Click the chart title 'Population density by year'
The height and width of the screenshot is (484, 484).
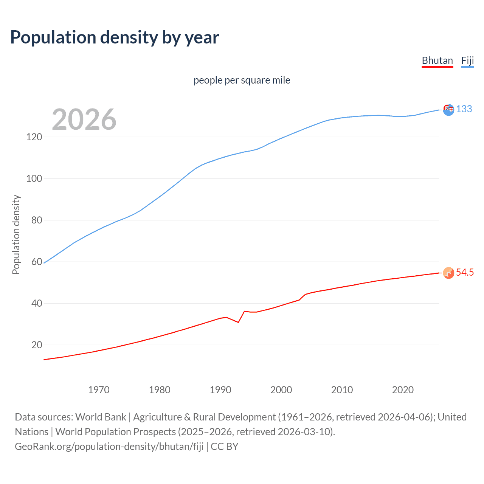click(x=115, y=37)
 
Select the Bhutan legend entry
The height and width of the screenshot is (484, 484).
click(x=437, y=60)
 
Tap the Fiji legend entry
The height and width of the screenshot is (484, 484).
click(x=467, y=60)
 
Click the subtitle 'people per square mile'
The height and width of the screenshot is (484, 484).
click(x=242, y=80)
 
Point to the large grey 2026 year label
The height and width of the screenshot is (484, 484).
click(x=84, y=119)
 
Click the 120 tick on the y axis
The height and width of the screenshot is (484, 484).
click(x=34, y=137)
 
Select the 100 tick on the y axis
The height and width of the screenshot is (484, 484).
click(x=34, y=178)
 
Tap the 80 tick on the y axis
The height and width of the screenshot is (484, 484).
click(x=36, y=220)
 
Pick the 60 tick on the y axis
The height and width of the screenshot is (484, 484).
click(x=36, y=262)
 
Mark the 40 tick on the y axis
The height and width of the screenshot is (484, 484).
click(x=36, y=303)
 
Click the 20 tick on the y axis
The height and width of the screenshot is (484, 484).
click(x=36, y=345)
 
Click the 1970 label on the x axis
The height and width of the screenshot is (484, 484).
click(x=99, y=390)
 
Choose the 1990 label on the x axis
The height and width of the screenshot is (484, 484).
click(x=220, y=390)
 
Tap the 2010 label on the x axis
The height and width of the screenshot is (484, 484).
click(x=342, y=390)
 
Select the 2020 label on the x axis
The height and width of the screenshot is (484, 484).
click(x=403, y=390)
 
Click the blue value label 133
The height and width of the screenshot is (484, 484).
click(x=464, y=109)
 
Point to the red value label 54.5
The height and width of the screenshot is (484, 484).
click(x=465, y=273)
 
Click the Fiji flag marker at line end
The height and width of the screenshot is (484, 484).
click(x=448, y=110)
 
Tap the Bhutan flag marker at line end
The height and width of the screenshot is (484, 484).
click(x=448, y=273)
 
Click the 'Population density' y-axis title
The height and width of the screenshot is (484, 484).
click(x=16, y=234)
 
